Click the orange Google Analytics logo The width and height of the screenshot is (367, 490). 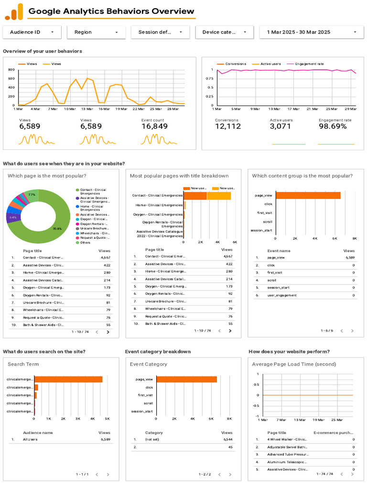[14, 11]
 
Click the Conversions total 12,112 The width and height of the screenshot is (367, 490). [228, 126]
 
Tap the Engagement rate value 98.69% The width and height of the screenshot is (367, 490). [333, 126]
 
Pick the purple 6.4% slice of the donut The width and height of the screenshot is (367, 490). [13, 218]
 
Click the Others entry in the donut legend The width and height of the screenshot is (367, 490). [85, 243]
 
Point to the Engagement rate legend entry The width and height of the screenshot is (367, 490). [309, 64]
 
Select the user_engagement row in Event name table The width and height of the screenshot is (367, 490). [281, 295]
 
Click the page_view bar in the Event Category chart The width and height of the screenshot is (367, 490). [186, 379]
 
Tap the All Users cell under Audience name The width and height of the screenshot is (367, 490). [30, 439]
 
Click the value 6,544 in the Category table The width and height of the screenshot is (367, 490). [228, 439]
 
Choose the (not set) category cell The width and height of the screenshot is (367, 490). [153, 439]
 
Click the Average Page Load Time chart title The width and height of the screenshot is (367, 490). [294, 364]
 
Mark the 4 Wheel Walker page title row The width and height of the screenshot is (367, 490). [287, 439]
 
